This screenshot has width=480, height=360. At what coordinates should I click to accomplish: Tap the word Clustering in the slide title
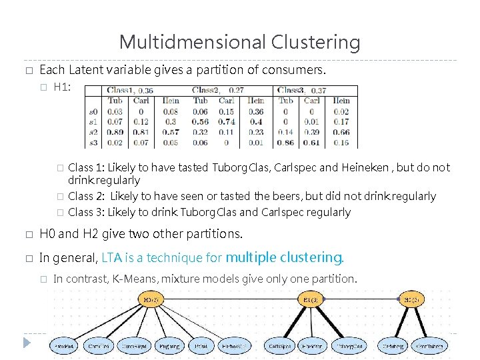pyautogui.click(x=315, y=43)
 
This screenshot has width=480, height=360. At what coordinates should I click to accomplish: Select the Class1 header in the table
pyautogui.click(x=121, y=90)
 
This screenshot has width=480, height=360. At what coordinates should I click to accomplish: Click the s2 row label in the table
pyautogui.click(x=93, y=132)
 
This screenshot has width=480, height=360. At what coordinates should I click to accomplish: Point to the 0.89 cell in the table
pyautogui.click(x=115, y=132)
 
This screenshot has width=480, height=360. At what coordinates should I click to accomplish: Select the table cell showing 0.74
pyautogui.click(x=227, y=121)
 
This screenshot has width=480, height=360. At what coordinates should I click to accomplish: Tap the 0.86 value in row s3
pyautogui.click(x=286, y=142)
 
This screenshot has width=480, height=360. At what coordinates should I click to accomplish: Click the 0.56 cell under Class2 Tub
pyautogui.click(x=200, y=121)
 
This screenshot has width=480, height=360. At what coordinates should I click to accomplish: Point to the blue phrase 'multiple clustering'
pyautogui.click(x=283, y=257)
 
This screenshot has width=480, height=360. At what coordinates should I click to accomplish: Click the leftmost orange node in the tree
pyautogui.click(x=151, y=300)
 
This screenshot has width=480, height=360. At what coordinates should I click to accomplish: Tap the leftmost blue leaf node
pyautogui.click(x=65, y=346)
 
